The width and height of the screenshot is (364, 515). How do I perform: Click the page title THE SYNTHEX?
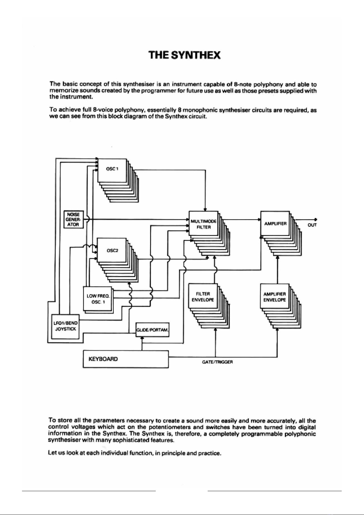point(184,55)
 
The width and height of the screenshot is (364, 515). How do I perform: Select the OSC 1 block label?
point(112,169)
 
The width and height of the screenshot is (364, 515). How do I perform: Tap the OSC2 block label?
point(112,251)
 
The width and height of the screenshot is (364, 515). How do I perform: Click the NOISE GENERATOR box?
point(73,219)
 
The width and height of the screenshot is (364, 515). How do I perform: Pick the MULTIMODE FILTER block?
point(203,223)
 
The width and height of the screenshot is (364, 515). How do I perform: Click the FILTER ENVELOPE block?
point(203,296)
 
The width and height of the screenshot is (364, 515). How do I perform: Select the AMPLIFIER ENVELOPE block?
point(275,296)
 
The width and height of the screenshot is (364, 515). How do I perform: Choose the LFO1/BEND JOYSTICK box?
point(65,326)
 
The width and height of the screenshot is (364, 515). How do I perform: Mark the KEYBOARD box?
point(126,359)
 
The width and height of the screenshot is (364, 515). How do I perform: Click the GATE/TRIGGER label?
point(217,362)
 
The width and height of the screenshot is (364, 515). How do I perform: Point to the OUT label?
point(312,225)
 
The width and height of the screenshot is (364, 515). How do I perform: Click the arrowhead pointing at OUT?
point(316,219)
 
